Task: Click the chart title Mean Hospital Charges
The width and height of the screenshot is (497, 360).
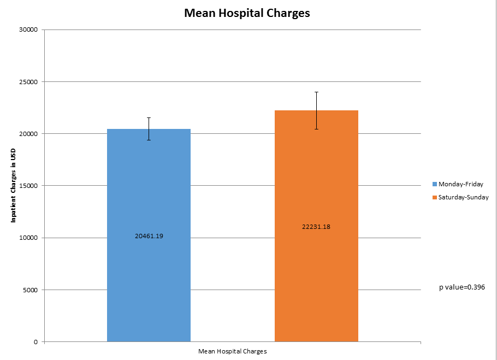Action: pyautogui.click(x=247, y=13)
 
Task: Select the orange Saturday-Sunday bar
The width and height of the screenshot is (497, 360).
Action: pyautogui.click(x=316, y=284)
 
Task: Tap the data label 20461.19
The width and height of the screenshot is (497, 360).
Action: pyautogui.click(x=149, y=236)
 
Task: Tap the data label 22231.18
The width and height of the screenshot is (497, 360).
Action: pyautogui.click(x=316, y=227)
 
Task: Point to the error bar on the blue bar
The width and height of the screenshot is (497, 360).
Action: pyautogui.click(x=149, y=129)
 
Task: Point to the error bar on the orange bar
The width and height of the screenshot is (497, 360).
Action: pyautogui.click(x=316, y=110)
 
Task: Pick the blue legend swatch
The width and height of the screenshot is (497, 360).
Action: pyautogui.click(x=435, y=184)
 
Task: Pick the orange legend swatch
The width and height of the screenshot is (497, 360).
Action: pyautogui.click(x=435, y=197)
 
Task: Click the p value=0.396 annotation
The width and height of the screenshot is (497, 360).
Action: pyautogui.click(x=462, y=287)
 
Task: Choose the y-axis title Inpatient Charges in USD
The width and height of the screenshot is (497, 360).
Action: pyautogui.click(x=13, y=186)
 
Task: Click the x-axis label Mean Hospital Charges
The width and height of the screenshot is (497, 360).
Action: pyautogui.click(x=232, y=351)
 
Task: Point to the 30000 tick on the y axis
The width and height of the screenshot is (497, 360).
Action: pyautogui.click(x=28, y=29)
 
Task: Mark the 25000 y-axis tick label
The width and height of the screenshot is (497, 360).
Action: pyautogui.click(x=28, y=82)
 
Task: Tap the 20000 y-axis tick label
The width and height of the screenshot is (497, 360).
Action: pyautogui.click(x=28, y=134)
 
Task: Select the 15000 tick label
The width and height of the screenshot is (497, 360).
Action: pyautogui.click(x=28, y=186)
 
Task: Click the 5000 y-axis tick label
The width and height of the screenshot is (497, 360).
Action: pyautogui.click(x=29, y=290)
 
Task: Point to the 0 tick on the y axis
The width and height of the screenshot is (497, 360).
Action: pyautogui.click(x=35, y=342)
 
